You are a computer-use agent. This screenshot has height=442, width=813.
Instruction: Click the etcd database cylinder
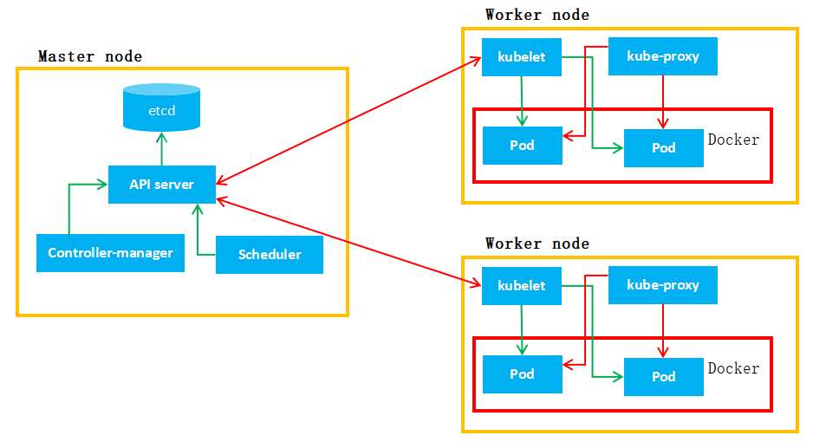tap(161, 108)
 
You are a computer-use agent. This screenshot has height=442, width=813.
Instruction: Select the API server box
tap(161, 184)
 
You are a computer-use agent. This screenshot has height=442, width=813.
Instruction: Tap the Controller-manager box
tap(110, 253)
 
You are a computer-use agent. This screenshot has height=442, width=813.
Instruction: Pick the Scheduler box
tap(269, 254)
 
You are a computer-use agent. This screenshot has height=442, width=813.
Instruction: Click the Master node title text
tap(90, 56)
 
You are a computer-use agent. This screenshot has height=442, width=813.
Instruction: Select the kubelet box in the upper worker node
tap(522, 57)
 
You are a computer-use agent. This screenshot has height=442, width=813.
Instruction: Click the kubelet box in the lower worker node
tap(522, 285)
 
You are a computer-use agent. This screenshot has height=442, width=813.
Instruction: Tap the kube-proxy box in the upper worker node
tap(663, 57)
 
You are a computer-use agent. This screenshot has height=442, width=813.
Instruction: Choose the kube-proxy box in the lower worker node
tap(663, 285)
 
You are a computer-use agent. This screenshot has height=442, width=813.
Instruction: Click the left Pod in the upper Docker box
tap(522, 145)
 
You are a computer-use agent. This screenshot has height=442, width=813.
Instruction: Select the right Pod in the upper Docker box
tap(663, 147)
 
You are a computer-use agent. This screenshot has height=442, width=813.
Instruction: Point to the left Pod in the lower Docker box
tap(522, 374)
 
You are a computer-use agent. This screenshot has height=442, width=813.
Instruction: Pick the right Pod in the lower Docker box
tap(663, 376)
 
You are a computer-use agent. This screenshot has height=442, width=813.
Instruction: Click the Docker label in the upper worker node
tap(733, 140)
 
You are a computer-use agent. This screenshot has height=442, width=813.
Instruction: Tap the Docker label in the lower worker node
tap(733, 368)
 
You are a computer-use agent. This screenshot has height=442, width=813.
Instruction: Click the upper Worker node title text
tap(537, 15)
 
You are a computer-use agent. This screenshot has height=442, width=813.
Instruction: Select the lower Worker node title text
tap(537, 244)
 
